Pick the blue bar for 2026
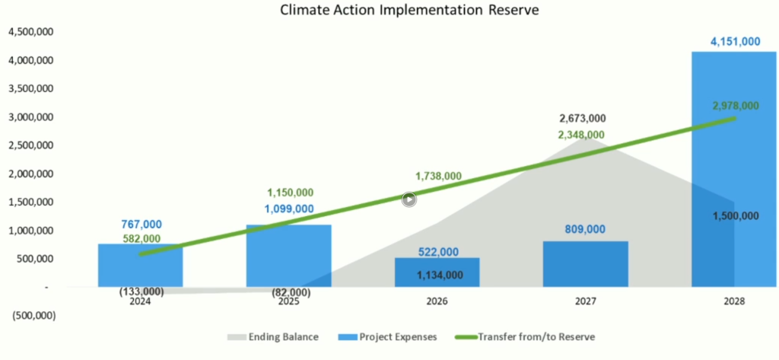pyautogui.click(x=437, y=272)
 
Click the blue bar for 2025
pyautogui.click(x=288, y=255)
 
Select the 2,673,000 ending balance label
pyautogui.click(x=582, y=119)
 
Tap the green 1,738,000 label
pyautogui.click(x=438, y=176)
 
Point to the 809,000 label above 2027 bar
pyautogui.click(x=585, y=229)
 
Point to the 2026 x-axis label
pyautogui.click(x=437, y=301)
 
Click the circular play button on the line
pyautogui.click(x=409, y=200)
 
